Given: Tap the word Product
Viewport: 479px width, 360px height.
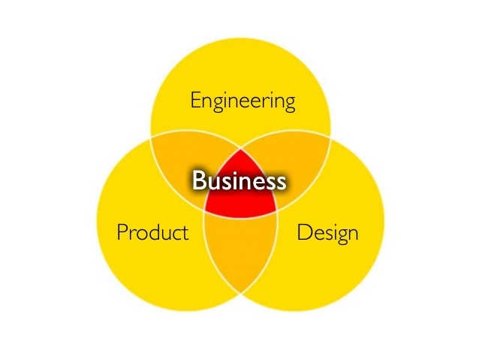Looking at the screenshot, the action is click(152, 233).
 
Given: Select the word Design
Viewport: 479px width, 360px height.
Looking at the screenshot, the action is click(327, 233).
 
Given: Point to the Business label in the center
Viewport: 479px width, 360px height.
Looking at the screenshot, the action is click(239, 181).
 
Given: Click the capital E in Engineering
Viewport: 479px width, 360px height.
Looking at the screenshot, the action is click(194, 99).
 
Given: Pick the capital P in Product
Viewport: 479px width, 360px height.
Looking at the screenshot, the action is click(122, 233).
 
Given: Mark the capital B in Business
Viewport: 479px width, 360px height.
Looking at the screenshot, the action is click(199, 181).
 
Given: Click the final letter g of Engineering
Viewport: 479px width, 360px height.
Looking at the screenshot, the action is click(289, 103).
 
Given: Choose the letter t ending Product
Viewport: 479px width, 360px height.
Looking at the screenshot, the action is click(185, 233).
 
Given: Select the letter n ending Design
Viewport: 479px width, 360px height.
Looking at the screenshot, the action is click(352, 233).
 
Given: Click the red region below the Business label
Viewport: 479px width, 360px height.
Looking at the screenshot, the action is click(239, 204).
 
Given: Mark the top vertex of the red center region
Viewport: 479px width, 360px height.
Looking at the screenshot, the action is click(239, 147).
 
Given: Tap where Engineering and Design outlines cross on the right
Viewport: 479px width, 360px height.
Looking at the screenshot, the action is click(329, 140).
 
